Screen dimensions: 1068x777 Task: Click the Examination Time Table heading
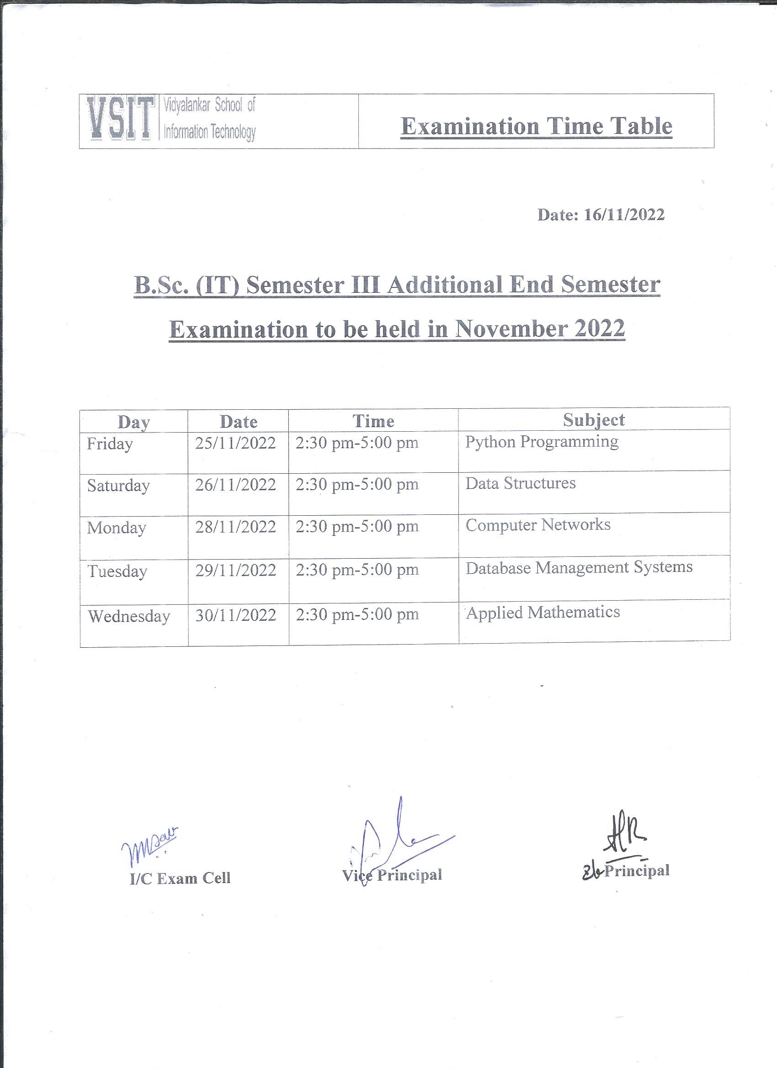(x=536, y=126)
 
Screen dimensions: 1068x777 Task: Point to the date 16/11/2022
(x=624, y=215)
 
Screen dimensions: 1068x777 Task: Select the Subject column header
(x=594, y=419)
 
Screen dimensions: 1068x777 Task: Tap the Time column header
(x=373, y=421)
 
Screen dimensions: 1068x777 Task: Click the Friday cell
(x=110, y=444)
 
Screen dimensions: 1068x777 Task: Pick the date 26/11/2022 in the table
(x=235, y=485)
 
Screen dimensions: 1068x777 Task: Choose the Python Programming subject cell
(x=542, y=442)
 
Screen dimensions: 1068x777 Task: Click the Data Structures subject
(x=521, y=483)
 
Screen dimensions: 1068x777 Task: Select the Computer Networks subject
(x=538, y=524)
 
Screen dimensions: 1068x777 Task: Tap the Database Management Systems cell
(x=579, y=567)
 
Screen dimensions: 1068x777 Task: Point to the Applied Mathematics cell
(x=543, y=612)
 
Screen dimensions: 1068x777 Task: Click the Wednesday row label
(x=129, y=616)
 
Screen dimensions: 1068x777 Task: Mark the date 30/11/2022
(x=235, y=615)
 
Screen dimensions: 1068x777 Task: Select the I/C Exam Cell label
(x=180, y=878)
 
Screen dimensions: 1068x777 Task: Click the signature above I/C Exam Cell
(x=149, y=848)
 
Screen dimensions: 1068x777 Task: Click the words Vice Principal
(x=392, y=875)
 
